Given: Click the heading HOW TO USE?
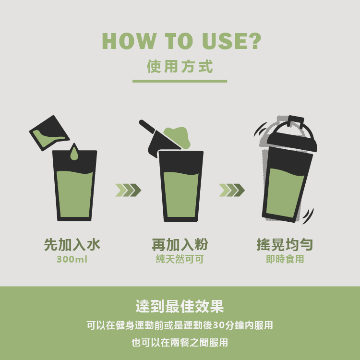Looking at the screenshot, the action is (181, 41).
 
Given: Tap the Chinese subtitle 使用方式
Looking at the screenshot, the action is (180, 66).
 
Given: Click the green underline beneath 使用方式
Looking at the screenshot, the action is (180, 81).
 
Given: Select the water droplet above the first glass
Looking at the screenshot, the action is (74, 152).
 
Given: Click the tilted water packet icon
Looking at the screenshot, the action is (49, 133).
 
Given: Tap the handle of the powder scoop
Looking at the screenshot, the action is (147, 126).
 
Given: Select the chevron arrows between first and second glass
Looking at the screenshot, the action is (128, 190).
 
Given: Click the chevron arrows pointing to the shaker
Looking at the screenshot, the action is (232, 190).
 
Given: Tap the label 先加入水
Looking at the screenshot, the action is (72, 245).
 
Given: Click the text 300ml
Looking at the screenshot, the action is (72, 259).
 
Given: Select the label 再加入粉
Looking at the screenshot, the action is (180, 245).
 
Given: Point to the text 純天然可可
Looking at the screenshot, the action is (180, 259).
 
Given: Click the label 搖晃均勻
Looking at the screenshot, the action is (285, 245).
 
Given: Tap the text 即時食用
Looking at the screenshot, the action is (285, 259).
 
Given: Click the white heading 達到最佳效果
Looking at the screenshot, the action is (180, 306).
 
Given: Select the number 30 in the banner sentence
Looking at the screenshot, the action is (218, 325).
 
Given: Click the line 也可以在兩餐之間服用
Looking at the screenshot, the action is (180, 343).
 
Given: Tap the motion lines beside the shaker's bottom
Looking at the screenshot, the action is (308, 216).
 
